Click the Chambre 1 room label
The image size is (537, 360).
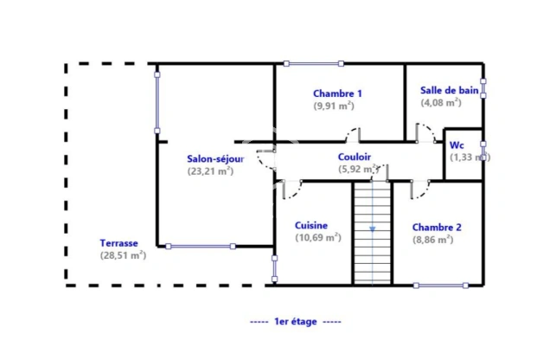(337, 93)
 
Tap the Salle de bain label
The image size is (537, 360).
(447, 90)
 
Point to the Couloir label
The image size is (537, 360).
(355, 157)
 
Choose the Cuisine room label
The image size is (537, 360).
(311, 225)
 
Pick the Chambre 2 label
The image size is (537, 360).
(437, 228)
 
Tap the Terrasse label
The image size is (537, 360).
(118, 243)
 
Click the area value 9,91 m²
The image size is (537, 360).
(333, 106)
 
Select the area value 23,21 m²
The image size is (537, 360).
(210, 171)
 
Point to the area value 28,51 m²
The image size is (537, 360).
(123, 255)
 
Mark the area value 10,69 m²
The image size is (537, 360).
(317, 237)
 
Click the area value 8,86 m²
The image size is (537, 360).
(432, 240)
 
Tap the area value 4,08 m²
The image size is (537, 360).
(441, 102)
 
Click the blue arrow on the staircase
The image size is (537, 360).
(373, 228)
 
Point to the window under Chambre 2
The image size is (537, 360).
(440, 285)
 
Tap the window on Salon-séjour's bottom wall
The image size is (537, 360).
(199, 247)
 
